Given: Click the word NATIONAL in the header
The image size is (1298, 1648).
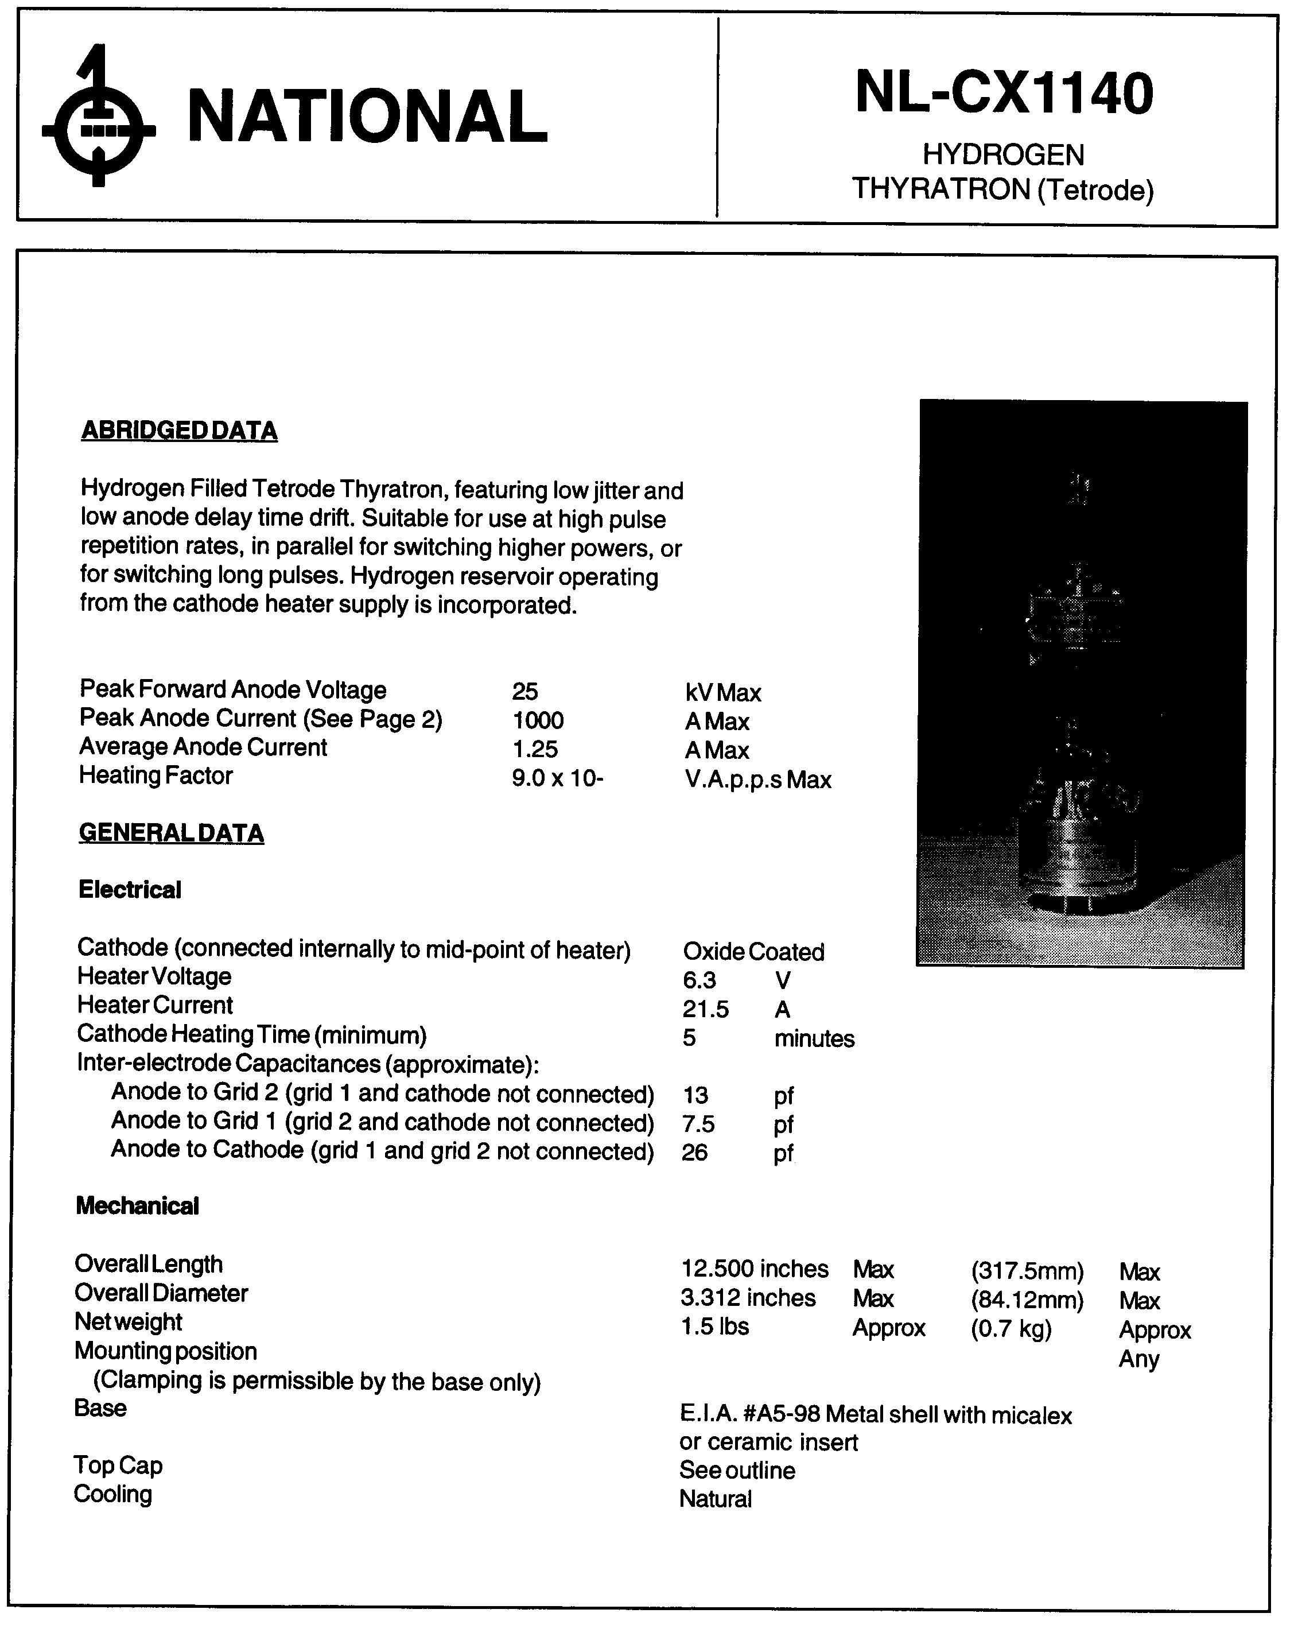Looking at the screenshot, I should (367, 117).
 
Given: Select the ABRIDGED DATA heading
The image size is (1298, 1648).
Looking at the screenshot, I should (180, 431).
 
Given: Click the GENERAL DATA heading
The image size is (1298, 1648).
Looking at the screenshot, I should (172, 833).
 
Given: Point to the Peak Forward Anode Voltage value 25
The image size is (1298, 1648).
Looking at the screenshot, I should (525, 692).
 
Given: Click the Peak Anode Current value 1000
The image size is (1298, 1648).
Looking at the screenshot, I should (538, 720).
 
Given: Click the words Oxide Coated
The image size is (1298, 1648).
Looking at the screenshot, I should (753, 952).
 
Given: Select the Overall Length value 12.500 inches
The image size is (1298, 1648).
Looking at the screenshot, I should (755, 1269).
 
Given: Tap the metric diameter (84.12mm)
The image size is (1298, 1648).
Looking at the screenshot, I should (1027, 1300).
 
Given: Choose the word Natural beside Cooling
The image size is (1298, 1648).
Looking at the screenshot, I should (715, 1499).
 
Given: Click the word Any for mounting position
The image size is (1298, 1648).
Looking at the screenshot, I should (1138, 1359).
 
